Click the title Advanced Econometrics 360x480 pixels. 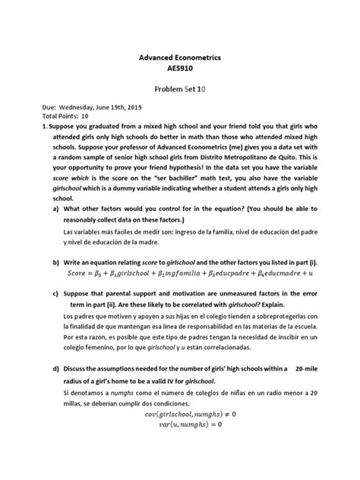[179, 58]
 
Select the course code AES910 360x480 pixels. [179, 69]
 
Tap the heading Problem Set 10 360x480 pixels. [179, 88]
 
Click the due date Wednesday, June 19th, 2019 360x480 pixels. [102, 108]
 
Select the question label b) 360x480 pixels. [57, 260]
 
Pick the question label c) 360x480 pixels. [57, 291]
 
